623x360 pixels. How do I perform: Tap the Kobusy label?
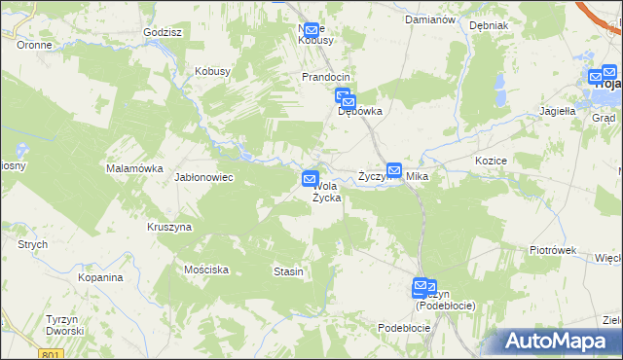tap(212, 71)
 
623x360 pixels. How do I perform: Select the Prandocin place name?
tap(325, 76)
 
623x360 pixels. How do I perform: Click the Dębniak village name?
tap(489, 25)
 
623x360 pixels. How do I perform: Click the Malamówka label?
tap(134, 168)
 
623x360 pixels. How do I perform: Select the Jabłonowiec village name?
tap(202, 178)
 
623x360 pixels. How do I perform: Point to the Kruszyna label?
tap(169, 227)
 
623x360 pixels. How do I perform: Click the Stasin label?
tap(289, 271)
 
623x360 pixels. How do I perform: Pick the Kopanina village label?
tap(101, 277)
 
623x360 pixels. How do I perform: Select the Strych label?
tap(32, 244)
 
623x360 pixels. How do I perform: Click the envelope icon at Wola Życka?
tap(311, 179)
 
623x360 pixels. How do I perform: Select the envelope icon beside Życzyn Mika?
tap(394, 169)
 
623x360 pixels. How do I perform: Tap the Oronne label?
tap(34, 45)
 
